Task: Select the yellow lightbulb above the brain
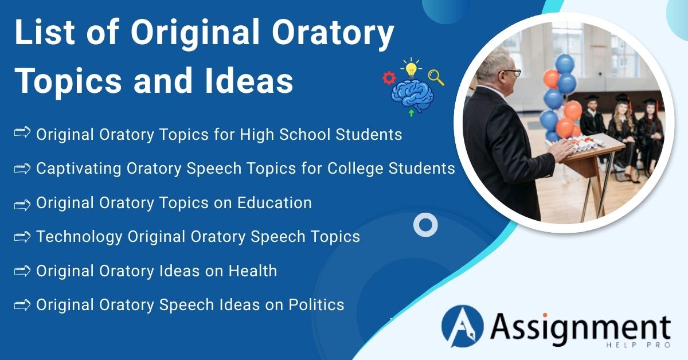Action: click(x=411, y=68)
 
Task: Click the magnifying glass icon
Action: click(x=436, y=77)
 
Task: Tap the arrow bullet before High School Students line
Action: click(x=22, y=134)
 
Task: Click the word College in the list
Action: click(x=358, y=169)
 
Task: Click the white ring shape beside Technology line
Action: click(x=425, y=225)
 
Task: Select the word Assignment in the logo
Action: click(x=580, y=327)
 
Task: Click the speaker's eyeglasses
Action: click(x=511, y=73)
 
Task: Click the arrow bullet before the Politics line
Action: click(x=22, y=304)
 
